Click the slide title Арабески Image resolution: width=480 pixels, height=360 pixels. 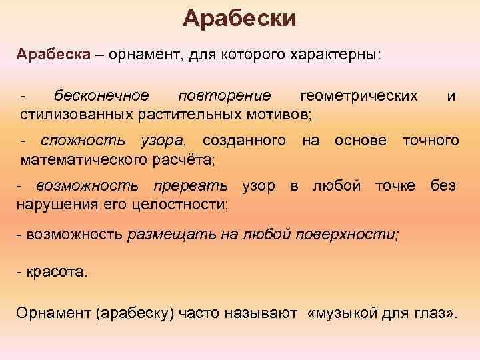click(x=240, y=18)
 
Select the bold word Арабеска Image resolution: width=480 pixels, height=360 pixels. click(x=52, y=53)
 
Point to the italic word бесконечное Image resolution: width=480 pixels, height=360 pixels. click(x=102, y=96)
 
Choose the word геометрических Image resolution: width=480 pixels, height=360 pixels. click(x=359, y=96)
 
